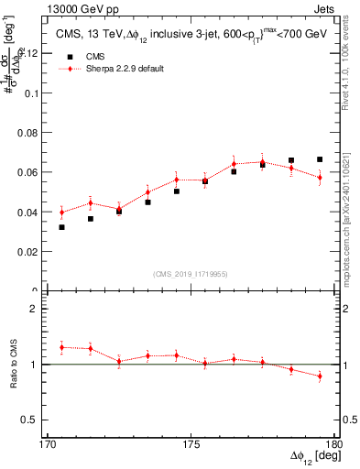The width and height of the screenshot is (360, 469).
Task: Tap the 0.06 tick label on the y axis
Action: pyautogui.click(x=33, y=172)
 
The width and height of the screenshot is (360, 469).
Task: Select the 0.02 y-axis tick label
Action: pyautogui.click(x=33, y=251)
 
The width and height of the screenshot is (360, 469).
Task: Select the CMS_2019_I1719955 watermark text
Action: pyautogui.click(x=191, y=273)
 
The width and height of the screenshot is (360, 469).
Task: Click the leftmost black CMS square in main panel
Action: pyautogui.click(x=61, y=226)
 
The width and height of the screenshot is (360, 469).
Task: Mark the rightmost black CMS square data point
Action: pyautogui.click(x=320, y=159)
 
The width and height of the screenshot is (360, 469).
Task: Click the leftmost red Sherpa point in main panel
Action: pyautogui.click(x=61, y=213)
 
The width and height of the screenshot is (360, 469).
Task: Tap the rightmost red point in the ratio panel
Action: pyautogui.click(x=320, y=376)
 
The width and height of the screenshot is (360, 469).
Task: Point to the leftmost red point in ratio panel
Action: pyautogui.click(x=61, y=347)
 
